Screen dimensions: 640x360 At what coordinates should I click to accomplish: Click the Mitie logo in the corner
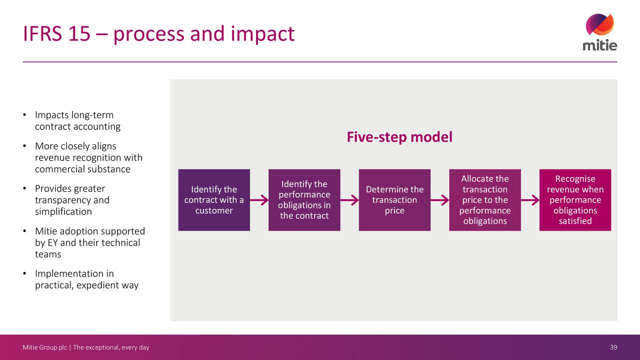point(599,32)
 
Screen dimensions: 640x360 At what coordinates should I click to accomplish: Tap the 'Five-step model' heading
point(399,137)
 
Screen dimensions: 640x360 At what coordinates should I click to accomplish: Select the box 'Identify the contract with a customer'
point(214,200)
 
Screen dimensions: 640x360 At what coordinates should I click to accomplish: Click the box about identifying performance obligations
point(304,200)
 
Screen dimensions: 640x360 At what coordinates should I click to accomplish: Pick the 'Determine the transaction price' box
point(394,200)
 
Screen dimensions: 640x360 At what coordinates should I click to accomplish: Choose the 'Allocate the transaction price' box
point(485,200)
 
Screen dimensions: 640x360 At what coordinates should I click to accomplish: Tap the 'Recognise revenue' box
point(575,200)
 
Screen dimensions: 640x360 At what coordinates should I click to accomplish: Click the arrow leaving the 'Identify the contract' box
point(259,200)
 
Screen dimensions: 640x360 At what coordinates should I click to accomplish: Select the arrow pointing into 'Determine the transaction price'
point(349,200)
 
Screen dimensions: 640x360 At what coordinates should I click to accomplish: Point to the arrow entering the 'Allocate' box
point(439,200)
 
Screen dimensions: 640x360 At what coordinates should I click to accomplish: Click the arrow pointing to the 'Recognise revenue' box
point(530,200)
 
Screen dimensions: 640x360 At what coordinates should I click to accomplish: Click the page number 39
point(613,347)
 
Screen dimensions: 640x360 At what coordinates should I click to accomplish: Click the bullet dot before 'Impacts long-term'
point(24,115)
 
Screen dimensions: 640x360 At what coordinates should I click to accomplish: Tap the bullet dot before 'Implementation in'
point(24,273)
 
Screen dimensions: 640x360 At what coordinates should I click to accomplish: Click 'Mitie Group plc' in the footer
point(44,347)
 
